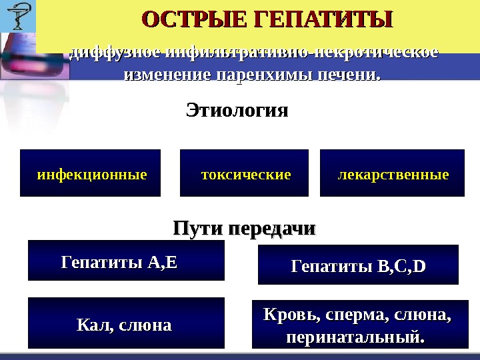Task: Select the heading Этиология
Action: click(x=237, y=110)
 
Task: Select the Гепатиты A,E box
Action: click(x=126, y=261)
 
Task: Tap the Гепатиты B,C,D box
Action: click(x=358, y=265)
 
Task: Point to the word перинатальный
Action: click(x=355, y=337)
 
